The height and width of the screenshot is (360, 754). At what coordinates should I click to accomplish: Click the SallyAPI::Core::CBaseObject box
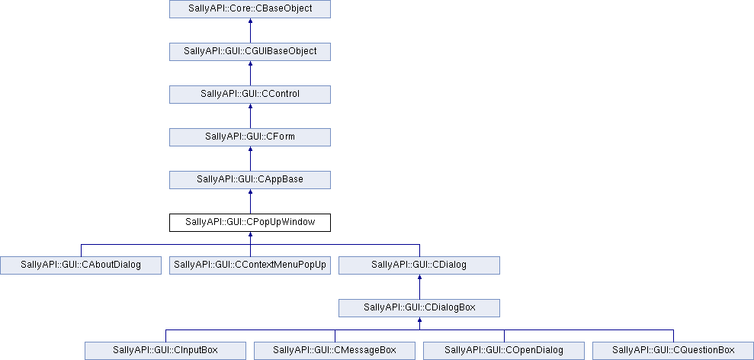250,9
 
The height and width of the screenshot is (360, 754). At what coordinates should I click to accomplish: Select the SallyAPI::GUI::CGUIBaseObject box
250,52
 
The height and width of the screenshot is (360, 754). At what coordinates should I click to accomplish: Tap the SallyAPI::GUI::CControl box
250,95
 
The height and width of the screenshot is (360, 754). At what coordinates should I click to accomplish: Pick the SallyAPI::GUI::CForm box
250,137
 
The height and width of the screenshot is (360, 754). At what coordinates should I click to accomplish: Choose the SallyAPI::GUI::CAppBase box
250,179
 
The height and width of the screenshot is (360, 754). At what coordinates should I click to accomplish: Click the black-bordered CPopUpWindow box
250,223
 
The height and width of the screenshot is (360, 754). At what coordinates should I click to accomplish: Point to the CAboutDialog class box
81,265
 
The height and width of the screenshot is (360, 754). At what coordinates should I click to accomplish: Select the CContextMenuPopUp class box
250,265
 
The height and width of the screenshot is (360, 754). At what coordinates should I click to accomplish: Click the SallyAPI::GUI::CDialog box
419,265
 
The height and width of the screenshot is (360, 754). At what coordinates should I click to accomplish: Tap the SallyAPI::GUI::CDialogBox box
419,307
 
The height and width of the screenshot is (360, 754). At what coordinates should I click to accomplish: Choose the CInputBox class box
165,350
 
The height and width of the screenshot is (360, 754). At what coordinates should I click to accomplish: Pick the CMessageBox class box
335,350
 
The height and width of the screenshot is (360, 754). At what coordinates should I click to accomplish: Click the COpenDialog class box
504,350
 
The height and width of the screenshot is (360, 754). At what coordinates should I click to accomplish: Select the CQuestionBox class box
673,350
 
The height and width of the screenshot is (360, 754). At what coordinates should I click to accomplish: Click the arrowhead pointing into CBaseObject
250,21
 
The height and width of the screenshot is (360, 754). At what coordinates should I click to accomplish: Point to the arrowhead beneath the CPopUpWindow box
250,234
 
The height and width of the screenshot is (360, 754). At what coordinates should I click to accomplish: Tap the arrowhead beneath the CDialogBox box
419,320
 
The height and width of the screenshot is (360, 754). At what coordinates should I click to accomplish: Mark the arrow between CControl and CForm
250,116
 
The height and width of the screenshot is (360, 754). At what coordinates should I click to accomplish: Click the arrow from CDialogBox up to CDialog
419,287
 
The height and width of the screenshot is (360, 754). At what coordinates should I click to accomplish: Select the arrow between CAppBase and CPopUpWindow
250,201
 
